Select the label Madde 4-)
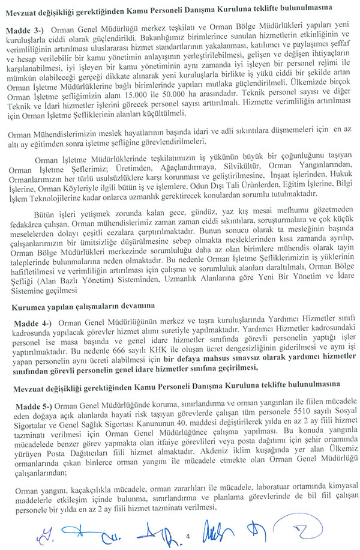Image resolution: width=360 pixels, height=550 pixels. point(30,322)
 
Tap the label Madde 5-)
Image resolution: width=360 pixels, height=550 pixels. point(30,406)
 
